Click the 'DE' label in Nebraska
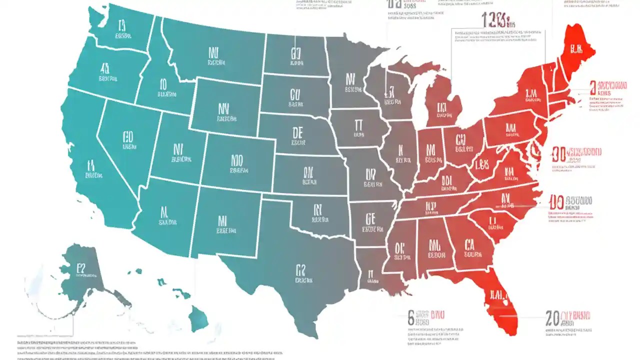tap(298, 132)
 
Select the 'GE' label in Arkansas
tap(370, 218)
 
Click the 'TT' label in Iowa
tap(358, 125)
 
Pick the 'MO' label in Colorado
tap(237, 160)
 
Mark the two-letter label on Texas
tap(301, 270)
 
